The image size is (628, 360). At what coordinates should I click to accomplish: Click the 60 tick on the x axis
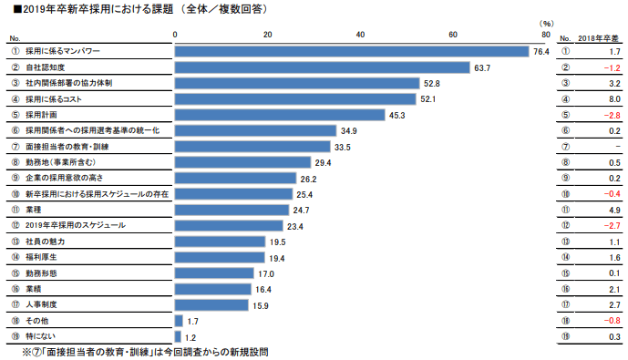coord(453,35)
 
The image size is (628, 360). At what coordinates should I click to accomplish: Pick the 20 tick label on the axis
coord(267,35)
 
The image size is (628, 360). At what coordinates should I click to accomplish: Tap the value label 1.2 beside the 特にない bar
coord(191,336)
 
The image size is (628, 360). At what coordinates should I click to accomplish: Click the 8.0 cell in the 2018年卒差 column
coord(613,98)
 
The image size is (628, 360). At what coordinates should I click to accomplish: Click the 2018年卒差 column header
coord(600,38)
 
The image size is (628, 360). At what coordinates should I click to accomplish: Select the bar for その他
coord(178,321)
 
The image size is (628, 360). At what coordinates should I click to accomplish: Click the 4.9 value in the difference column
coord(613,210)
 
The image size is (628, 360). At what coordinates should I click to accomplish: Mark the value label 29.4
coord(323,162)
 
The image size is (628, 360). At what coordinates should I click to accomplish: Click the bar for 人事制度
coord(211,304)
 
